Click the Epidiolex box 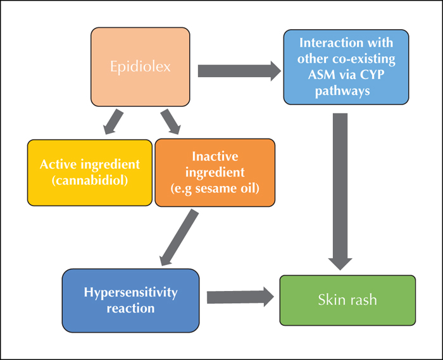[140, 67]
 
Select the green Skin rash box [347, 301]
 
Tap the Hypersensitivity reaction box [130, 301]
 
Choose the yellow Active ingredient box [90, 173]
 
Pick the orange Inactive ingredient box [215, 173]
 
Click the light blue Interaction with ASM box [346, 67]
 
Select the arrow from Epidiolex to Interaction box [240, 71]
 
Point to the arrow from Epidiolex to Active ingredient [113, 121]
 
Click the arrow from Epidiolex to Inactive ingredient [170, 121]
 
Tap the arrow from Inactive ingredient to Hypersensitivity [179, 238]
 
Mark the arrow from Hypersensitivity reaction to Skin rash [240, 297]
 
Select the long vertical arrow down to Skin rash [340, 192]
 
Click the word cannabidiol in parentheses [90, 180]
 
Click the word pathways [342, 91]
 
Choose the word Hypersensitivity [130, 292]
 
